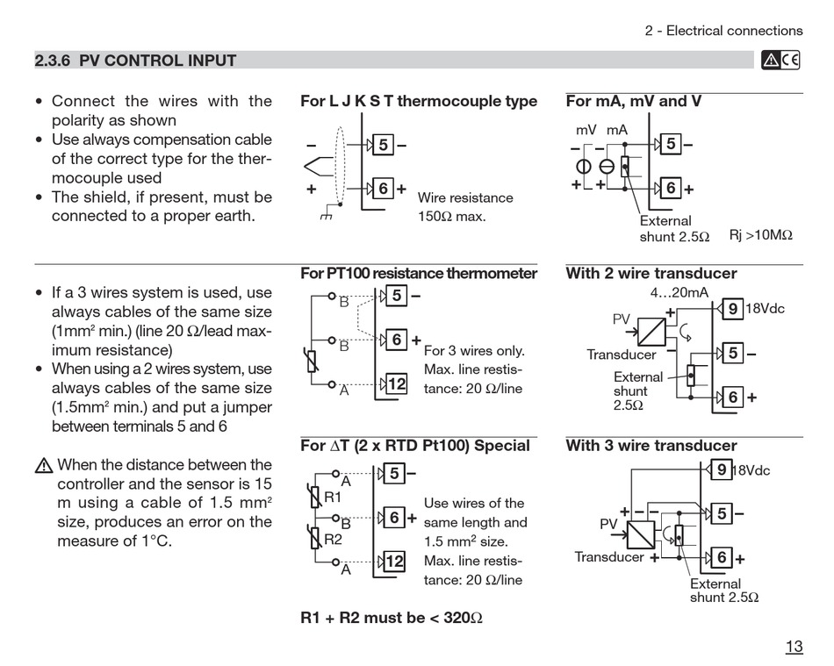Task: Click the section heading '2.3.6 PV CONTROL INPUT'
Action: [135, 61]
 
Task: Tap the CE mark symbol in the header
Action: [790, 60]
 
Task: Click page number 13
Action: [794, 647]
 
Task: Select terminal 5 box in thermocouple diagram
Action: [383, 145]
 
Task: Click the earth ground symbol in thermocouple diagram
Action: [327, 213]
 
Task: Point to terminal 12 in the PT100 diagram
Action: [396, 383]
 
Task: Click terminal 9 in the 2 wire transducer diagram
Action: [732, 309]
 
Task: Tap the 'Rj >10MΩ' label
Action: [760, 236]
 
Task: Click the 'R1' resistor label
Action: [333, 497]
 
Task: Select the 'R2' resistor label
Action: [333, 539]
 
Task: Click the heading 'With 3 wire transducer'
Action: [651, 446]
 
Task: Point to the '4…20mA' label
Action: [679, 292]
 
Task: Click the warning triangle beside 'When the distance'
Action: [44, 466]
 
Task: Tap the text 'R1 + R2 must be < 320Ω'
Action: [392, 617]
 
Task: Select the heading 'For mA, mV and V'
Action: [633, 101]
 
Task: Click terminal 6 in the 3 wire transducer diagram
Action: [722, 557]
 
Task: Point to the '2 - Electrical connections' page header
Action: [723, 31]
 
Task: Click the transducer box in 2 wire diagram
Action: [651, 331]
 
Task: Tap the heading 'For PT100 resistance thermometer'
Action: [419, 273]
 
